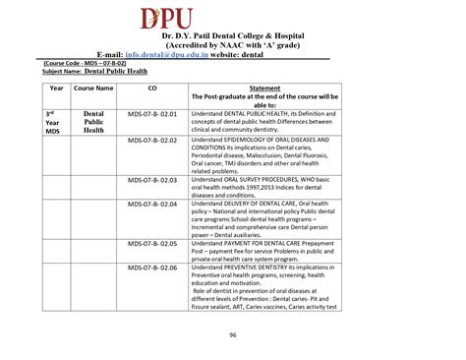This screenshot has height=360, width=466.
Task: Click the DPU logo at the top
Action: (x=233, y=19)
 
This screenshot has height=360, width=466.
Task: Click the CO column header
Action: (x=152, y=89)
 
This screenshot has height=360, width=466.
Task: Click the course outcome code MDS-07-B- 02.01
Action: (x=152, y=114)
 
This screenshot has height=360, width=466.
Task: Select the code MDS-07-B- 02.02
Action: (x=152, y=141)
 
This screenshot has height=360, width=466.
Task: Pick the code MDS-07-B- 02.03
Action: (x=152, y=181)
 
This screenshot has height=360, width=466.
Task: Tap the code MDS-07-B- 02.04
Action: (x=152, y=204)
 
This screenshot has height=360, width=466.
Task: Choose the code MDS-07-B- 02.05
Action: (x=152, y=242)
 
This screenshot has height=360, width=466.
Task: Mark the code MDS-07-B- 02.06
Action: (x=152, y=267)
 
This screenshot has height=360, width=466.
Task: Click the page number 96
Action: (x=233, y=335)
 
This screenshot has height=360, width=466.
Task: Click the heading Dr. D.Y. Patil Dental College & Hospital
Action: (x=233, y=36)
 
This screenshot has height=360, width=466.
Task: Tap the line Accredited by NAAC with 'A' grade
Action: (x=233, y=45)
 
